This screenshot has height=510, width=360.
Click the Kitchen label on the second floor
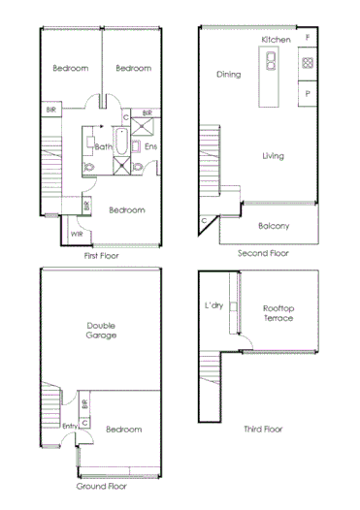[x=277, y=39]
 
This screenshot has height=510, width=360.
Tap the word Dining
[x=229, y=74]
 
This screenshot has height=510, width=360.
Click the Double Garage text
[x=102, y=330]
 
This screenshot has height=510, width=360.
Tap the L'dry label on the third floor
[x=214, y=306]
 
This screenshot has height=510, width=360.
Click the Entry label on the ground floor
[x=69, y=426]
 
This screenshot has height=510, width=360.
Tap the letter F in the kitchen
[x=307, y=37]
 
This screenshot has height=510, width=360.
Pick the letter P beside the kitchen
[x=307, y=94]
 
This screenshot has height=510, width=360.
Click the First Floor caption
[x=102, y=256]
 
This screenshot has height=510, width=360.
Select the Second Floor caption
[x=263, y=252]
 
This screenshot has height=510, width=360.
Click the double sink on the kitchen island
[x=270, y=63]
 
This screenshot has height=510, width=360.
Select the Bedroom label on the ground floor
[x=123, y=429]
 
